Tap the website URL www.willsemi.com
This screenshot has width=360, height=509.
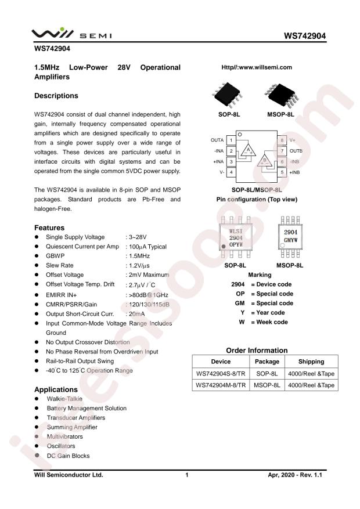257,67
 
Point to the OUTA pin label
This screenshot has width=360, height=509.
217,140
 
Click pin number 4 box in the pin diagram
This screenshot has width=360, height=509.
231,172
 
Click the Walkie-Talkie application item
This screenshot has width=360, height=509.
64,399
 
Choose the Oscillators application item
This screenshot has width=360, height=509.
61,446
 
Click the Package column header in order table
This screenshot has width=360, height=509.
268,361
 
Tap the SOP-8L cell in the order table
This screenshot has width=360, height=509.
268,373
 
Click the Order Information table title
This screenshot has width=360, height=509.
256,350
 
